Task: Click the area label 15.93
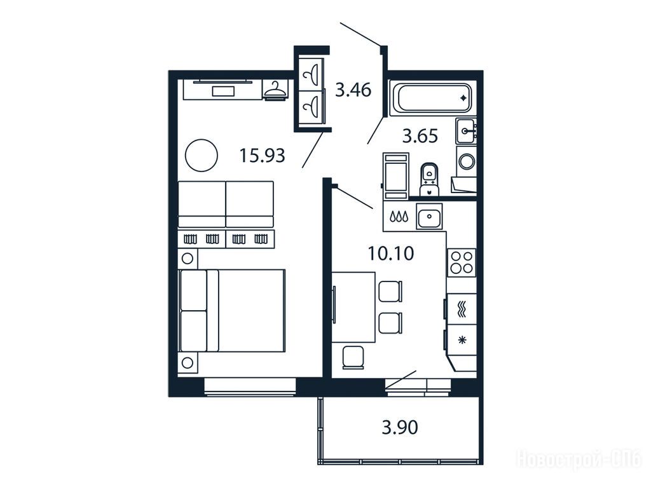(x=263, y=156)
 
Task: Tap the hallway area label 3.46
(x=353, y=90)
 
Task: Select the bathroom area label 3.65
(x=420, y=136)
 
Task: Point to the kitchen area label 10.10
(x=391, y=253)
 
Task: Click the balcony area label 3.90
(x=400, y=427)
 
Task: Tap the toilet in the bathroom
(x=429, y=179)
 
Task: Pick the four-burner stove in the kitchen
(x=462, y=262)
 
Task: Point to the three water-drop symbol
(x=399, y=216)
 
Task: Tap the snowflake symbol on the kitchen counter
(x=462, y=341)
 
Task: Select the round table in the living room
(x=202, y=155)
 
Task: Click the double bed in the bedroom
(x=231, y=311)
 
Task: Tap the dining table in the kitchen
(x=353, y=307)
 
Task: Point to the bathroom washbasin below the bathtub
(x=466, y=131)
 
